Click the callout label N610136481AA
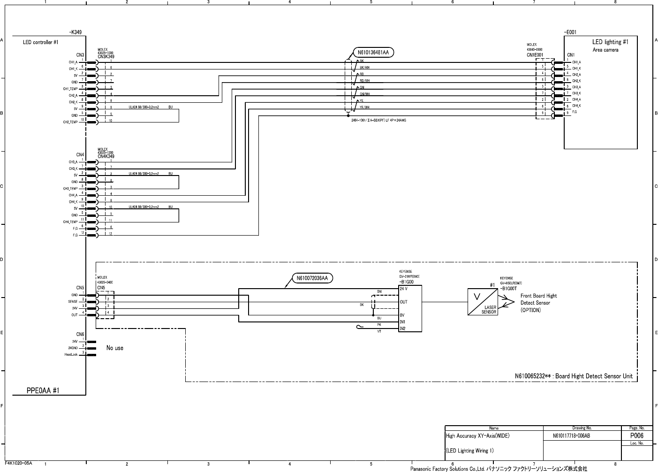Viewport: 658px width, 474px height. pos(373,53)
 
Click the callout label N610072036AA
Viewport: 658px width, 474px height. pos(313,278)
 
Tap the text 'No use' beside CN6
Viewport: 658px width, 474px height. pos(115,348)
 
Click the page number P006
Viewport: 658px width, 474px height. pos(636,436)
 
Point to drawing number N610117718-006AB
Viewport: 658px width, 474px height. pos(571,436)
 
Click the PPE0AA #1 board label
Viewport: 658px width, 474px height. pos(43,390)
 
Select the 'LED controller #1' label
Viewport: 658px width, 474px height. pos(41,42)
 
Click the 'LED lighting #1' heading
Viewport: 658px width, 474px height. pos(610,42)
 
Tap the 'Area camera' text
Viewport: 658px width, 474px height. pos(605,50)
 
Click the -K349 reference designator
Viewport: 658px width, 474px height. pos(76,32)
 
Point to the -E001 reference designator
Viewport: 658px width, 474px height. pos(570,32)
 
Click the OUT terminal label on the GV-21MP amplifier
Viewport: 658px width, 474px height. pos(403,302)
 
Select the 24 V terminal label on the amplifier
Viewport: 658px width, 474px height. pos(403,289)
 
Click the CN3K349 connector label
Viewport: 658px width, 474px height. pos(106,56)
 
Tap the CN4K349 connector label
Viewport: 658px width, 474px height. pos(106,156)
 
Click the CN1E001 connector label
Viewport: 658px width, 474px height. pos(535,54)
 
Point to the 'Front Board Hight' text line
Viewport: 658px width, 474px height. pos(538,296)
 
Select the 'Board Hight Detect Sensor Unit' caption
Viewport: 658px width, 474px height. pos(594,376)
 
